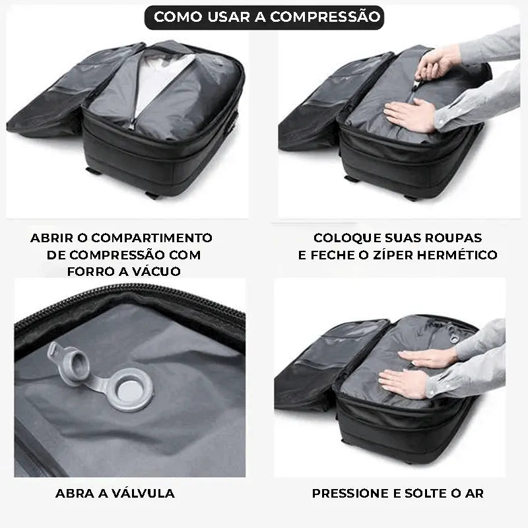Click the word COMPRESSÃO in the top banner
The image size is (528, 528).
(x=325, y=17)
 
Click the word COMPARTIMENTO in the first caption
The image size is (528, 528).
(x=152, y=238)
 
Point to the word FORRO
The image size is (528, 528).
(x=86, y=271)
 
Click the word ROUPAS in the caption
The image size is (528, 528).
(x=453, y=238)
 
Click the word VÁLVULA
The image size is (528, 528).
(x=143, y=493)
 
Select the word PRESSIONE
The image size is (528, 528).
(x=350, y=494)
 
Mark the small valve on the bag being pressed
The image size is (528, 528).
(x=454, y=339)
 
